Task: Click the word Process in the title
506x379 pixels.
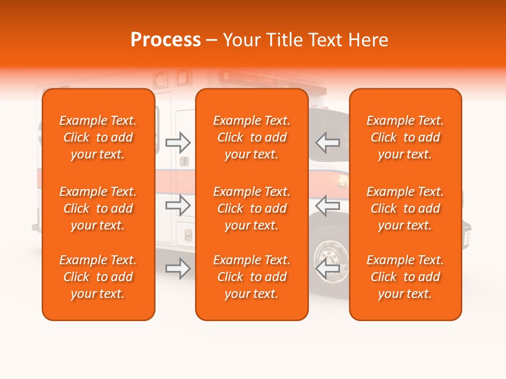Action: pyautogui.click(x=166, y=40)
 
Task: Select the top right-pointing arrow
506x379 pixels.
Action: pyautogui.click(x=178, y=143)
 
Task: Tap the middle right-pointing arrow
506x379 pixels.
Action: pyautogui.click(x=178, y=205)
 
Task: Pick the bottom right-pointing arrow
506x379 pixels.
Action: pyautogui.click(x=178, y=268)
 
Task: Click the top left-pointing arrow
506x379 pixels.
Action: pyautogui.click(x=328, y=143)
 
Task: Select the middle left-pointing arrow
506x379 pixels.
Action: pyautogui.click(x=328, y=205)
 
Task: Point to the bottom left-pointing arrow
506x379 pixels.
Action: pyautogui.click(x=328, y=268)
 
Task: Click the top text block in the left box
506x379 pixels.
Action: pyautogui.click(x=98, y=137)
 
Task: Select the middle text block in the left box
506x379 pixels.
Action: pyautogui.click(x=98, y=208)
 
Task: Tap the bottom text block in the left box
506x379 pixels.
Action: pyautogui.click(x=98, y=277)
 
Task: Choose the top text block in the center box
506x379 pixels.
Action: pyautogui.click(x=252, y=137)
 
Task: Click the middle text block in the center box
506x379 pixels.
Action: pyautogui.click(x=252, y=208)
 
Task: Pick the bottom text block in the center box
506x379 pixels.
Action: pyautogui.click(x=252, y=277)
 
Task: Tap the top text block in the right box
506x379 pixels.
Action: pyautogui.click(x=405, y=137)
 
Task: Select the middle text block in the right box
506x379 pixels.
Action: pyautogui.click(x=405, y=208)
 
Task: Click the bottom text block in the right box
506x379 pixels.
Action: pyautogui.click(x=405, y=277)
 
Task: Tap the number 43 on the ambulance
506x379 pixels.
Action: pyautogui.click(x=342, y=185)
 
